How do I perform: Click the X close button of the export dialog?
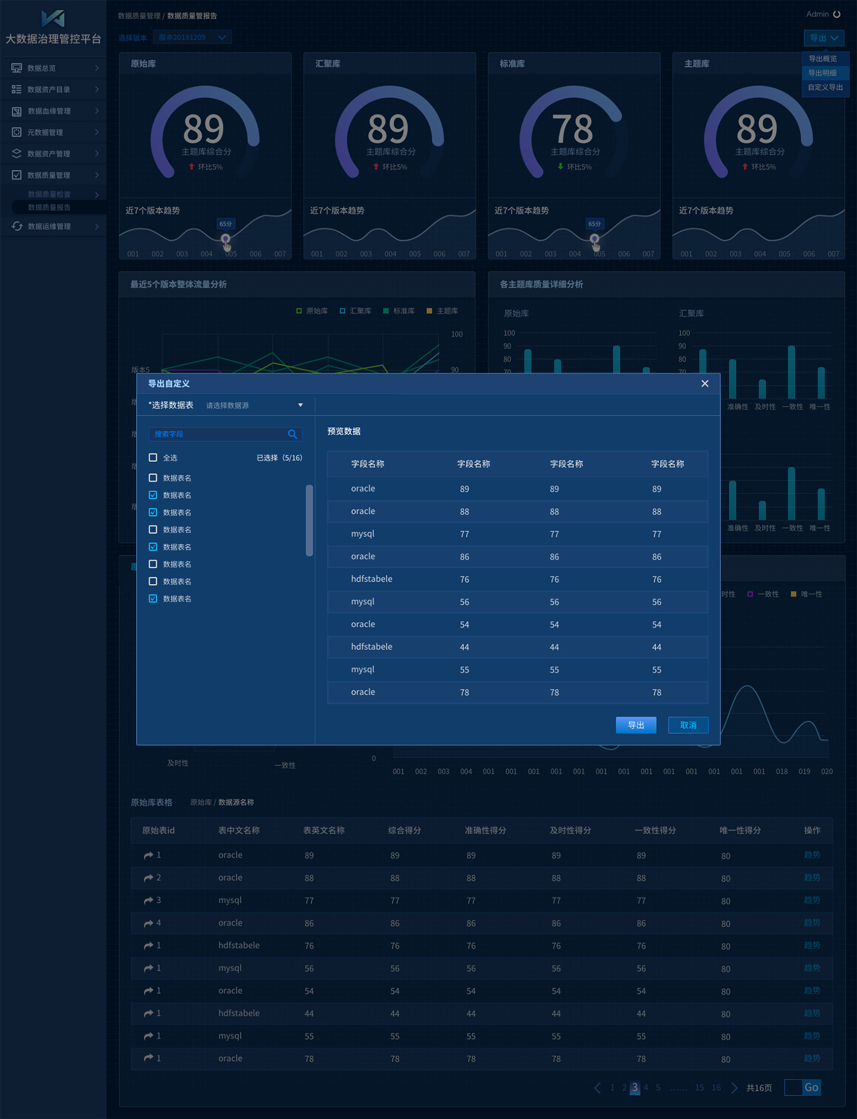pyautogui.click(x=705, y=383)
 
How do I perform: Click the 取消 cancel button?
pyautogui.click(x=688, y=725)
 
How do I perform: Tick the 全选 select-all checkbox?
pyautogui.click(x=153, y=458)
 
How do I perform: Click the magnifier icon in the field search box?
pyautogui.click(x=292, y=434)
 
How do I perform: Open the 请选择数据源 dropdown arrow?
pyautogui.click(x=301, y=405)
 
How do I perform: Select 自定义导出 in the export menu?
pyautogui.click(x=825, y=87)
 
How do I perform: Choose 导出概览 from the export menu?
pyautogui.click(x=823, y=59)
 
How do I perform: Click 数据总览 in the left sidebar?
pyautogui.click(x=42, y=68)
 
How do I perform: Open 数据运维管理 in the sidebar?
pyautogui.click(x=49, y=226)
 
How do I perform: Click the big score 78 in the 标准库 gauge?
pyautogui.click(x=572, y=128)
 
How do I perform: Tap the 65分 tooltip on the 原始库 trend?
pyautogui.click(x=226, y=224)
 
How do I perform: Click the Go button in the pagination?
pyautogui.click(x=811, y=1088)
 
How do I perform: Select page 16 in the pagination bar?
pyautogui.click(x=716, y=1088)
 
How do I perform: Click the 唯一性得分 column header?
pyautogui.click(x=740, y=830)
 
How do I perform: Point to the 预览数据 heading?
pyautogui.click(x=344, y=431)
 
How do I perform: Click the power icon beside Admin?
pyautogui.click(x=837, y=14)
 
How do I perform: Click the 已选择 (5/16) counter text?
pyautogui.click(x=279, y=458)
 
